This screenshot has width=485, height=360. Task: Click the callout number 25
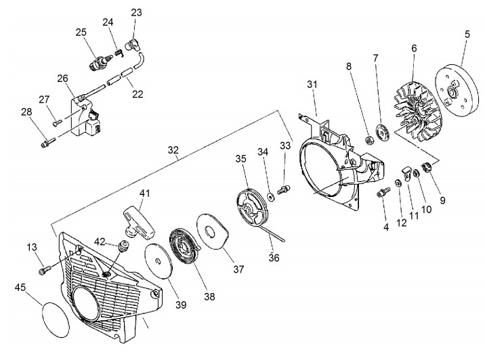point(81,32)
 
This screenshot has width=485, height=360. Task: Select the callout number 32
point(173,150)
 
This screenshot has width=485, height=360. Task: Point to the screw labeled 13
point(45,268)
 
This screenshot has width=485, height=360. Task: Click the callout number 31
point(312,84)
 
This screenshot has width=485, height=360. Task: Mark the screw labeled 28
point(47,142)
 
